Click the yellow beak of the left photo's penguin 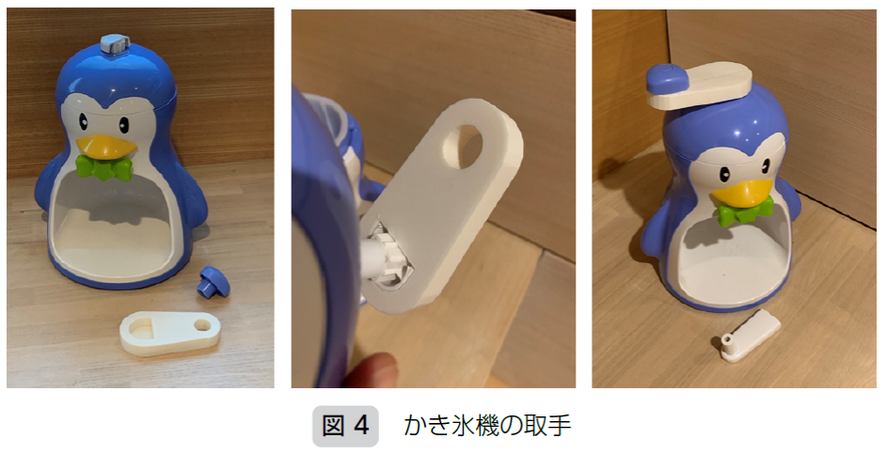(106, 146)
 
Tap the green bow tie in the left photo (103, 166)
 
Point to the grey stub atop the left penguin (116, 44)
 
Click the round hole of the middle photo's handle (463, 147)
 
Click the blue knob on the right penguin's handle (667, 79)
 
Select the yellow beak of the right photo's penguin (741, 194)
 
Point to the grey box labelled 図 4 (345, 425)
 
